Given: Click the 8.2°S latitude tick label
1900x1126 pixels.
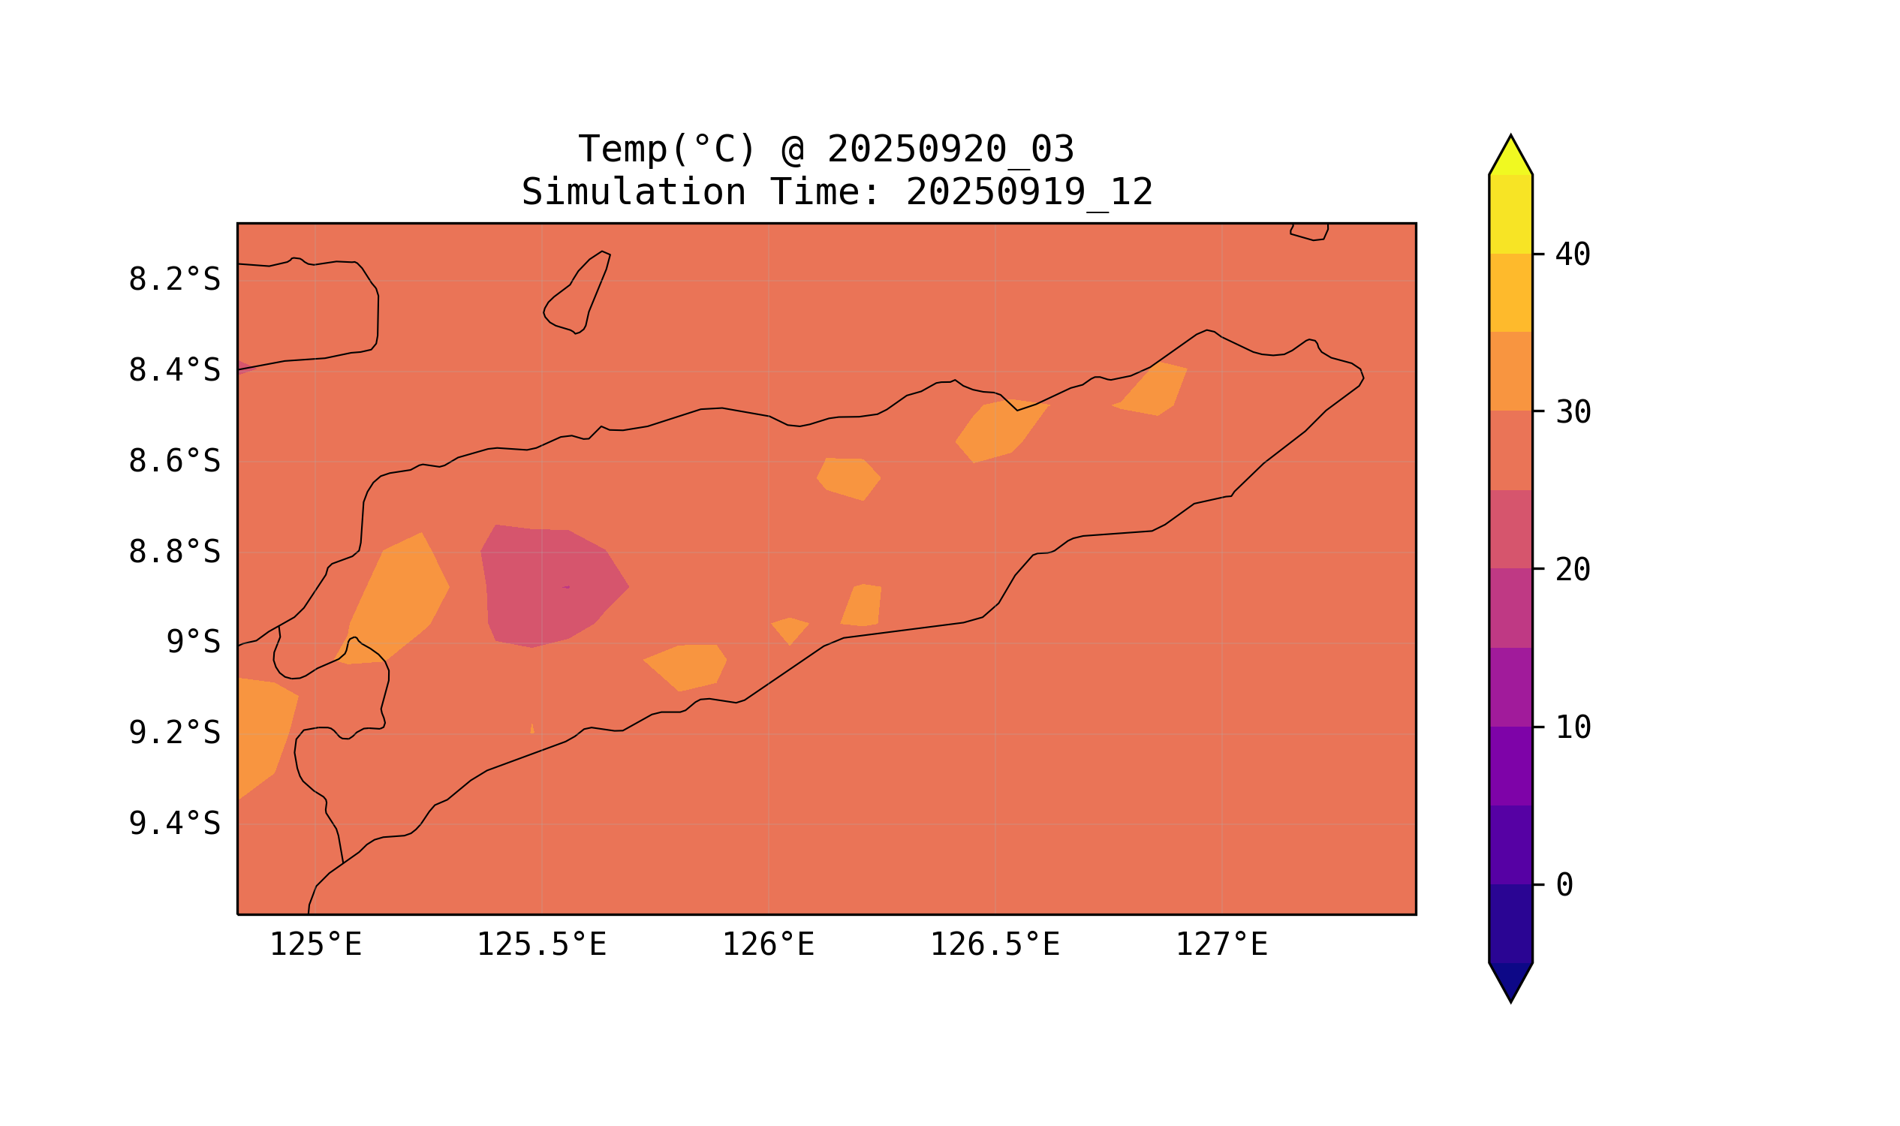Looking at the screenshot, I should pos(173,280).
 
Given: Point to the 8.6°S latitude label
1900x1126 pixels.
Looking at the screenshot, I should pos(173,462).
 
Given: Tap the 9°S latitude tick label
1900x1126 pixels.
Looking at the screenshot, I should pos(193,643).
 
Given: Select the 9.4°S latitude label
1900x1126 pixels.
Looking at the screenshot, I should pos(173,823).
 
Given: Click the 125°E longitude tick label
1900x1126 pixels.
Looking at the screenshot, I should pos(315,945).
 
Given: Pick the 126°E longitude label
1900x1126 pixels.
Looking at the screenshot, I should pos(768,945).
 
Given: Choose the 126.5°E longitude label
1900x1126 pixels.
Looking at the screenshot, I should pos(995,945).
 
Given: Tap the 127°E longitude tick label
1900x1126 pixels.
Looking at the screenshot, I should pos(1221,945).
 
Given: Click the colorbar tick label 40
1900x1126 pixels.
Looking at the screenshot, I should pos(1572,255).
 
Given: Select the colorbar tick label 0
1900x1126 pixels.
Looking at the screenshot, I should pos(1564,886).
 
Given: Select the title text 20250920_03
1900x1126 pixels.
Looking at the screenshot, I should pos(950,149).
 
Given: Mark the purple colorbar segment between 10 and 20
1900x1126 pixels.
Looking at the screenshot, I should pos(1510,687).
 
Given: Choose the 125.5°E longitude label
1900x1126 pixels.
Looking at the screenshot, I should pos(541,945).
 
